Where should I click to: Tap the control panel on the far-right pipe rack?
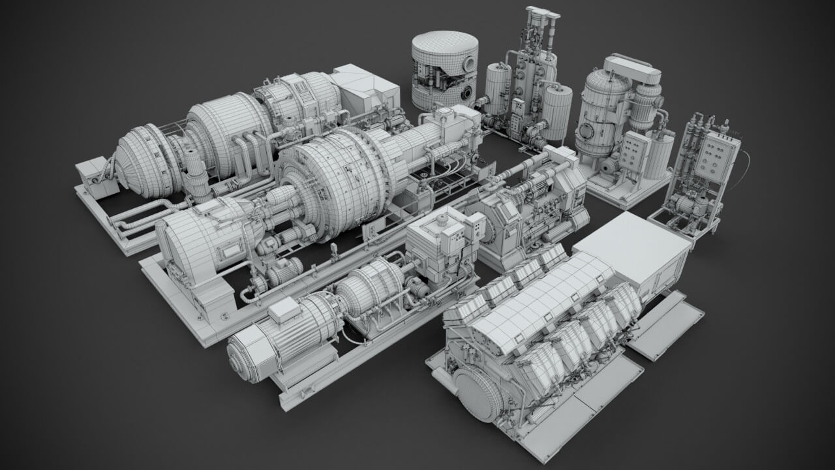(x=717, y=156)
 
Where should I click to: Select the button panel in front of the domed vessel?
(x=631, y=151)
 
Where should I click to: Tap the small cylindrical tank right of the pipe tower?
(x=558, y=111)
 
